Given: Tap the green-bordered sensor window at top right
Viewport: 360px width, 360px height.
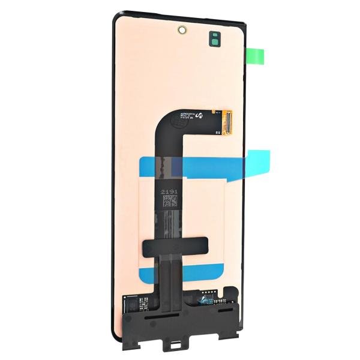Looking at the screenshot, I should point(215,39).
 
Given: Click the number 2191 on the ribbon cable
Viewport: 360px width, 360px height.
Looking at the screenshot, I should point(170,190).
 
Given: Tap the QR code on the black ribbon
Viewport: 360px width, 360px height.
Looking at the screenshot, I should point(170,201).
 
